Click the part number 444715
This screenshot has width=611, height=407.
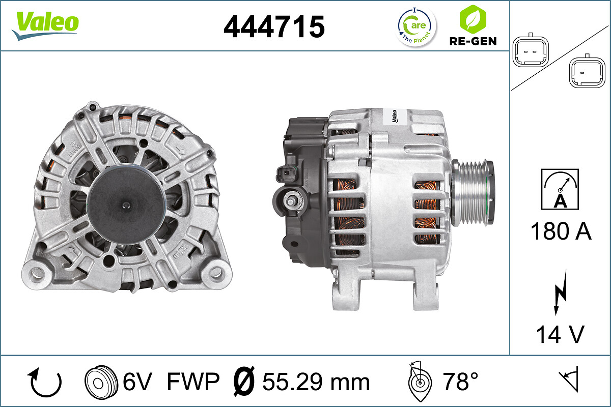coord(274,26)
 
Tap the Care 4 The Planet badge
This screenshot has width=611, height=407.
coord(416,26)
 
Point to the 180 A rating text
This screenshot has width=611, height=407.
coord(561,231)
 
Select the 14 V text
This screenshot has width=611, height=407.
coord(560,335)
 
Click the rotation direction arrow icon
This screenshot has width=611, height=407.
coord(46,382)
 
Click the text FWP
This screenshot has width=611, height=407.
coord(193,382)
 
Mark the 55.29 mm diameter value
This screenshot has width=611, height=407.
coord(316,382)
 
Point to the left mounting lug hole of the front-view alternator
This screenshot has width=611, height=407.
coord(37,273)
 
